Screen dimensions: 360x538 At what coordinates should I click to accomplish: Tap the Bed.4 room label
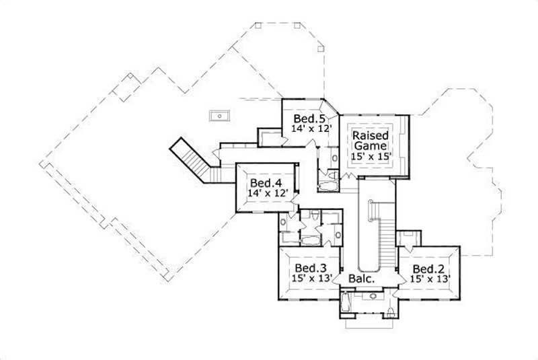265,183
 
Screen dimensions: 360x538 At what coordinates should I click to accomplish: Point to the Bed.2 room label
428,266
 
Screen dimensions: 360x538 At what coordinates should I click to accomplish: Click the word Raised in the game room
370,135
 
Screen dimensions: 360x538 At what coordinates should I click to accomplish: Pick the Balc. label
361,278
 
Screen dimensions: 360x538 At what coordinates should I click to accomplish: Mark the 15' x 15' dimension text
371,155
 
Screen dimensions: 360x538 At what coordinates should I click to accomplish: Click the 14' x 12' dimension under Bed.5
311,127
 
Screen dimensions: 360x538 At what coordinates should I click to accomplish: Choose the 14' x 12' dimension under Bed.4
268,192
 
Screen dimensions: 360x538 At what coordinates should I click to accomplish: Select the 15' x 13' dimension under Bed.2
430,277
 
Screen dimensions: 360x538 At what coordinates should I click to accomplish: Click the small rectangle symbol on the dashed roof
219,116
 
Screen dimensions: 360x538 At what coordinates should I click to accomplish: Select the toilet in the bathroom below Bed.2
391,311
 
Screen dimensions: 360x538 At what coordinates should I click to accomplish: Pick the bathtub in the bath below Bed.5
328,184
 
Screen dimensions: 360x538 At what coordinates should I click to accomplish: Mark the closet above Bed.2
408,238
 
